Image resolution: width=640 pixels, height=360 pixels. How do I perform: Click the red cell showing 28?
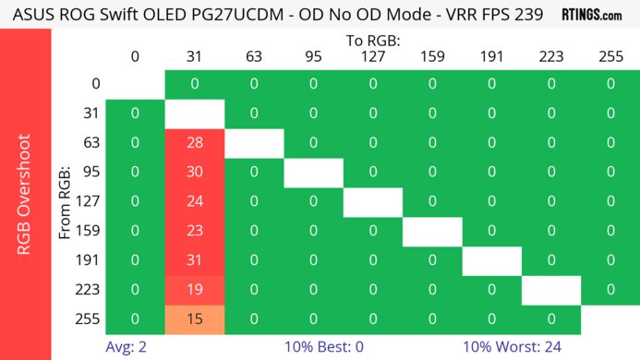pos(194,143)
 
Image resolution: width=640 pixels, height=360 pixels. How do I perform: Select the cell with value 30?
pos(194,173)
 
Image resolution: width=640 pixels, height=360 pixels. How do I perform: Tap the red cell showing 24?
pos(194,202)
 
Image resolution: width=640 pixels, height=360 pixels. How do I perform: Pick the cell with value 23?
pos(194,232)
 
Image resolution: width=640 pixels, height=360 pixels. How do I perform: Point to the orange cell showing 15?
pos(194,319)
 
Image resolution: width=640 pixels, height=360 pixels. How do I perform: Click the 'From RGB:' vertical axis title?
pos(66,202)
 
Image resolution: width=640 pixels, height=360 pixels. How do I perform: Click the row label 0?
pos(95,84)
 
